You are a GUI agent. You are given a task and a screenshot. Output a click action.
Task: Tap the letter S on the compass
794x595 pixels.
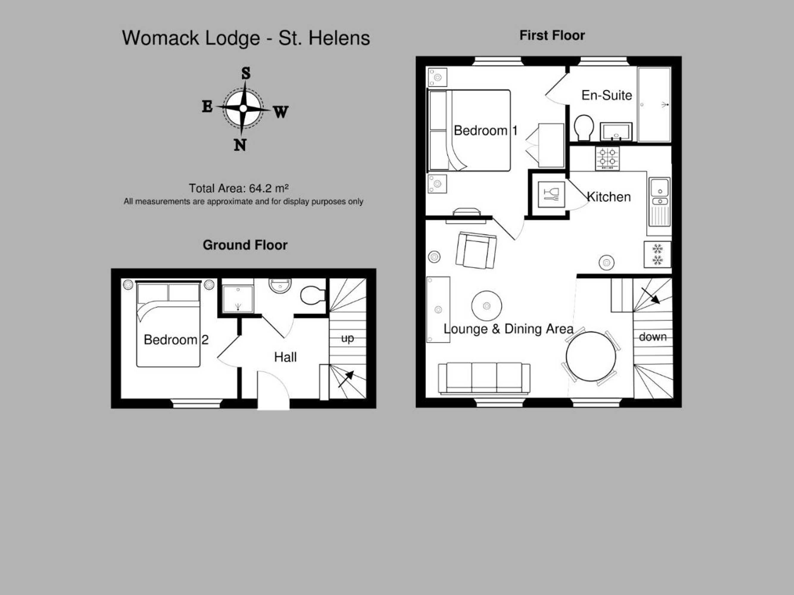[246, 73]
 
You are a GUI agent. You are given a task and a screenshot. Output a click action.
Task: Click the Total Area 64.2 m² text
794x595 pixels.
[239, 188]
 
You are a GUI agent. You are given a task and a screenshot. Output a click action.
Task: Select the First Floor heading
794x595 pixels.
[552, 35]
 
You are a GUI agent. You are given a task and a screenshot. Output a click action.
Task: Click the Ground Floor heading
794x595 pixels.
[245, 245]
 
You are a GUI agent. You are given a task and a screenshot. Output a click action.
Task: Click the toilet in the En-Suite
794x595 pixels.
[584, 128]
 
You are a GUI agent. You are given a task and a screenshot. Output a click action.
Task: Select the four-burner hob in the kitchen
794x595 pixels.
[607, 158]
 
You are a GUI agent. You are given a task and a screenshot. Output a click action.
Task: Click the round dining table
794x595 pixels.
[591, 356]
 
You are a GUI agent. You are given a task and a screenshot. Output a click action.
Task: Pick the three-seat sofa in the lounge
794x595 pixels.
[484, 378]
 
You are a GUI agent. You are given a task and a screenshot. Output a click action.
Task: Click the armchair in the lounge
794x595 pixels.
[476, 250]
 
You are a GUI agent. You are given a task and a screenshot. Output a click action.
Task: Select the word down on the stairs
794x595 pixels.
[653, 336]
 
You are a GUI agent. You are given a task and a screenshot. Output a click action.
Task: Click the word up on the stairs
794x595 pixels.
[347, 338]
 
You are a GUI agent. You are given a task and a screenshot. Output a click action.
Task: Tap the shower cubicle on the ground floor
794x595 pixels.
[237, 299]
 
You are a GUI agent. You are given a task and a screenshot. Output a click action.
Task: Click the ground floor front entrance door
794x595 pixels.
[273, 391]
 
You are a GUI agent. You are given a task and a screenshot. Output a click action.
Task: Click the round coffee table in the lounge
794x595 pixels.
[486, 306]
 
